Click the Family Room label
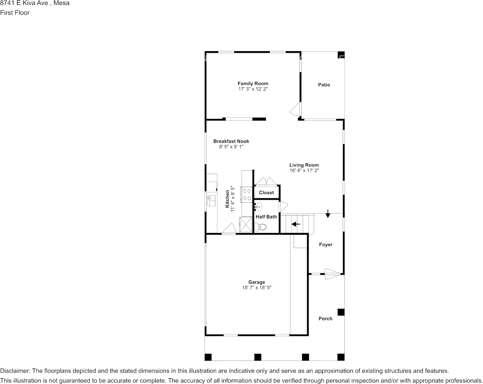253,84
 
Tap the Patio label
324,85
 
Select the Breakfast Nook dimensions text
231,147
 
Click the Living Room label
304,165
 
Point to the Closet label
266,192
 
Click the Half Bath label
266,217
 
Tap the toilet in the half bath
260,228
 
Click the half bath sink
258,207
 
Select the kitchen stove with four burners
247,194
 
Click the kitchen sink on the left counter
211,201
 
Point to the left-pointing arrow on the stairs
296,224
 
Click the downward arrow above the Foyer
328,215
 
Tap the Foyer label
326,245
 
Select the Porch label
325,319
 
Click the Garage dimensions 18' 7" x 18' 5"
257,287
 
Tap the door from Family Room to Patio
296,109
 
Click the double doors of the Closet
266,181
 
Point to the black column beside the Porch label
341,312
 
